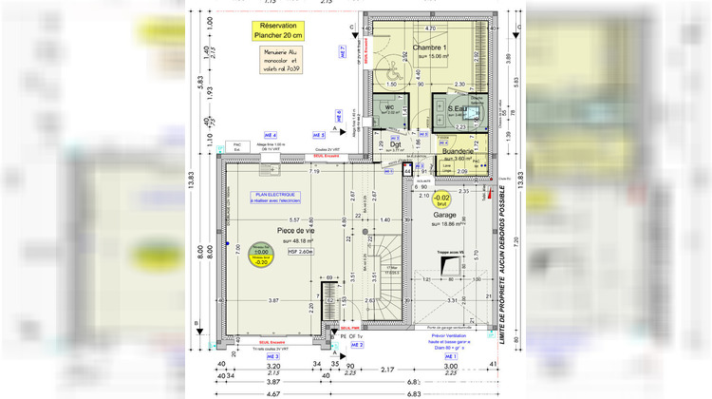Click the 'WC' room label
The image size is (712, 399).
pos(389,107)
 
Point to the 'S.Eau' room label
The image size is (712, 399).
pos(462,108)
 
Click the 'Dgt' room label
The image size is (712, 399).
pos(409,144)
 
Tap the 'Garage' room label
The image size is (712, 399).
pos(444,216)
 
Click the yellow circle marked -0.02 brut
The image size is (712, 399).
pos(441,199)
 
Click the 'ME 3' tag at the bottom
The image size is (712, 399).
pos(246,356)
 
